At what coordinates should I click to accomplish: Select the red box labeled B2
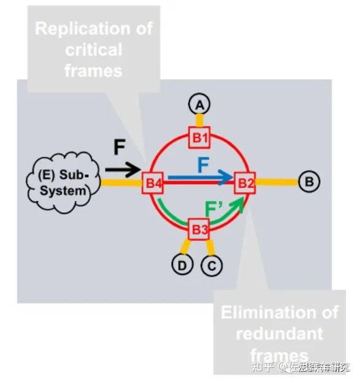click(x=245, y=182)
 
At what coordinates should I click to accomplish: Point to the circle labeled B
click(x=309, y=181)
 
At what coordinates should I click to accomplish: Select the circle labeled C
click(x=212, y=265)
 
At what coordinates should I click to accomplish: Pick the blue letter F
click(x=204, y=164)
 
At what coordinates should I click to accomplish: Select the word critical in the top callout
click(x=93, y=50)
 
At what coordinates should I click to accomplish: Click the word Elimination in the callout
click(x=279, y=313)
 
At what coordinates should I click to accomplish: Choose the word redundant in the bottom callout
click(x=279, y=334)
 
